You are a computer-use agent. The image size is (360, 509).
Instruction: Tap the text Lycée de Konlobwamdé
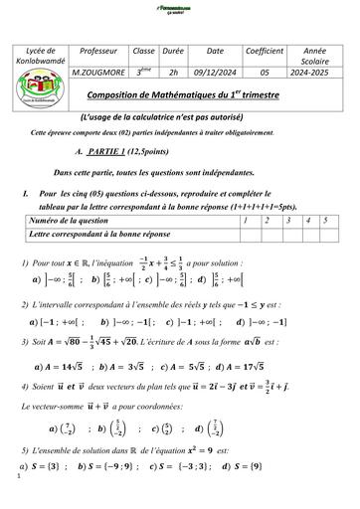click(45, 56)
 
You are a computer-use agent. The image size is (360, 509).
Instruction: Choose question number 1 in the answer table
click(245, 219)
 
